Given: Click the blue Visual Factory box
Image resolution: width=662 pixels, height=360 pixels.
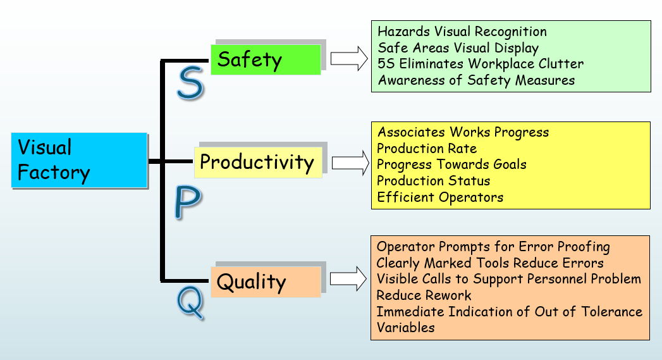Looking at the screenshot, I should point(79,160).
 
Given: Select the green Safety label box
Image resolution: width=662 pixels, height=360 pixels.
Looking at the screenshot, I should point(266,59).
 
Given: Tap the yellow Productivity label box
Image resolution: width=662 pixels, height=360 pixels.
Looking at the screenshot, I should point(257,162).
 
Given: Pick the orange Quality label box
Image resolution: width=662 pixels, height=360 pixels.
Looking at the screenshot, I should point(266,282).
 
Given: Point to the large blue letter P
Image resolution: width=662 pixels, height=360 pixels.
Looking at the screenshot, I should point(187,202).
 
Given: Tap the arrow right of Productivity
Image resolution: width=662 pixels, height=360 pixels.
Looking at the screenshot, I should point(350,162).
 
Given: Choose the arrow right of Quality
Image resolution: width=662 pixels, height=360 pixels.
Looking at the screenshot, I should point(349,278).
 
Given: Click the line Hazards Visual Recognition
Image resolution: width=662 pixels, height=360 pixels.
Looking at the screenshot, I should point(462,32).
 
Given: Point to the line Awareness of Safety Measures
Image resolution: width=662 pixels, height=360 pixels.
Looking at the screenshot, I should point(476,80).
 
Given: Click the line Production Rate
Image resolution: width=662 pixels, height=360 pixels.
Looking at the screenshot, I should point(427,149).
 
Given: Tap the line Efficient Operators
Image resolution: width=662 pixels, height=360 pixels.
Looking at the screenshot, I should point(440,197).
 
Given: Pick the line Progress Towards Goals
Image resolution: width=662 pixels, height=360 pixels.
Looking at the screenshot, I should point(451,164).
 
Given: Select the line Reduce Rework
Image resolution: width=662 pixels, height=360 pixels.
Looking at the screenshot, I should point(424,295).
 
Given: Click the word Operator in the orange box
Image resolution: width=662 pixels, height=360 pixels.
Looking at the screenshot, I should point(401,247).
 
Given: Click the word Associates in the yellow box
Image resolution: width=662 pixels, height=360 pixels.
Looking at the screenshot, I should point(411,132).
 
